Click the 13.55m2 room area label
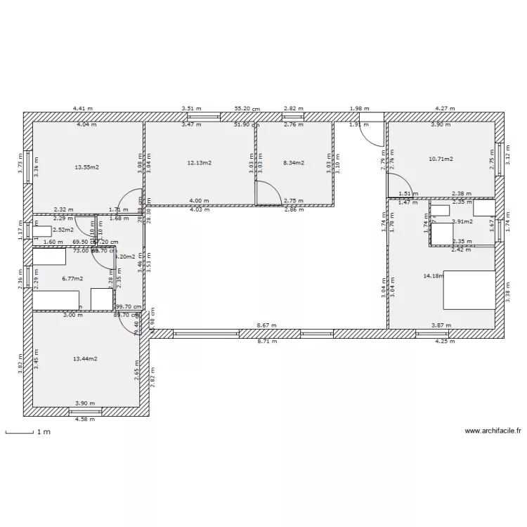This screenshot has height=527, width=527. coord(86,167)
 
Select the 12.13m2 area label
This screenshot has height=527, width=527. coord(199,163)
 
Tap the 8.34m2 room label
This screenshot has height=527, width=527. coord(293,163)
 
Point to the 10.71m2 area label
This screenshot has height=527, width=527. coord(441,160)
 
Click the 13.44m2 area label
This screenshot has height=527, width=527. coord(85,358)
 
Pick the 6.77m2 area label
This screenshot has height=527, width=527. coord(72,278)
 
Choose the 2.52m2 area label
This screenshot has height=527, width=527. coord(63,229)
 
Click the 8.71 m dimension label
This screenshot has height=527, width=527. coord(266,341)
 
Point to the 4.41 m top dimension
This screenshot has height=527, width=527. coord(83,108)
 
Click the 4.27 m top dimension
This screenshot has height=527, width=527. coord(444,108)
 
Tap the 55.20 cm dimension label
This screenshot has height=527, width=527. coord(247,109)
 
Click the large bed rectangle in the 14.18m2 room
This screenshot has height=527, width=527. coord(469,289)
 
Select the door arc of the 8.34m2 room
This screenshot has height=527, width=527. coord(267,193)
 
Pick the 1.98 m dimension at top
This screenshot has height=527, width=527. coord(359,108)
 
